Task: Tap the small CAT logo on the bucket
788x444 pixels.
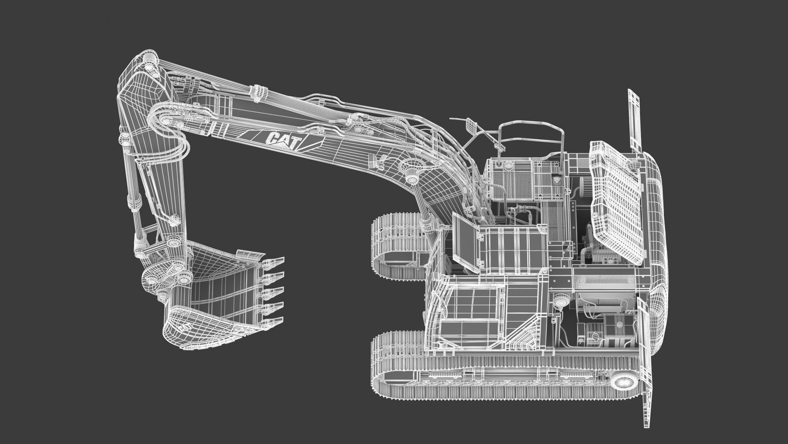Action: pos(183,326)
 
